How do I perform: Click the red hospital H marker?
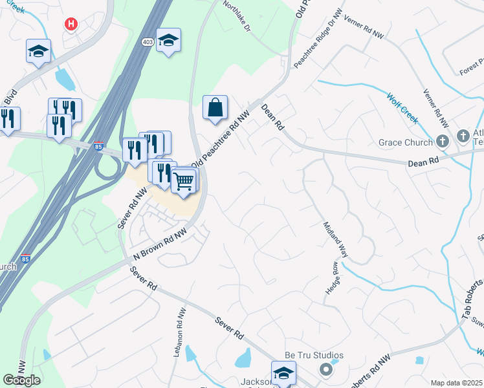tap(71, 24)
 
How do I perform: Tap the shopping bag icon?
tap(215, 107)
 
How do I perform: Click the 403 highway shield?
tap(147, 41)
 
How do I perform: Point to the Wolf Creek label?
tap(402, 108)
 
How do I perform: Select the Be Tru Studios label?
tap(314, 356)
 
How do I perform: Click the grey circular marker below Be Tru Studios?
tap(326, 369)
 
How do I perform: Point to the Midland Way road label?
tap(335, 240)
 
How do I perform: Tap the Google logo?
tap(21, 380)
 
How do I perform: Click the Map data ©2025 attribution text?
tap(456, 383)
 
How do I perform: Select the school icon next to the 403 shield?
tap(168, 41)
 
